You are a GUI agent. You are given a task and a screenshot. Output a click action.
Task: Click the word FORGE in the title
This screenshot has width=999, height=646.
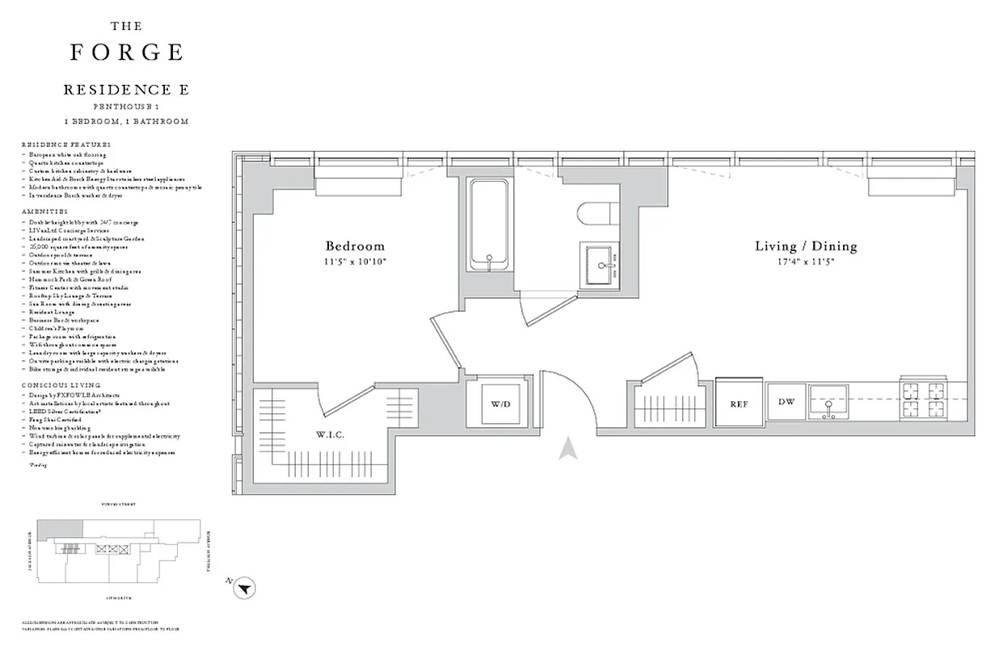coord(126,52)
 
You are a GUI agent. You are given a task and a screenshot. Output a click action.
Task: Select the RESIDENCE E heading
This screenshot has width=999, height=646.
coord(126,90)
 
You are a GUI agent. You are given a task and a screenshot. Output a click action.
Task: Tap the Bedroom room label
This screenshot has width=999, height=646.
coord(355,246)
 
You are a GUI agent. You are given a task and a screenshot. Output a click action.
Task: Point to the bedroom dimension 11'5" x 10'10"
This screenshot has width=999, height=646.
coord(355,262)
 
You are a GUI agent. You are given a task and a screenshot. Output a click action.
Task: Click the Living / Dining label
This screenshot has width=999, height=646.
coord(805,246)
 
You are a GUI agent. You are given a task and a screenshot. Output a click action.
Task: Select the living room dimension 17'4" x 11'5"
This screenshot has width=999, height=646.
coord(805,262)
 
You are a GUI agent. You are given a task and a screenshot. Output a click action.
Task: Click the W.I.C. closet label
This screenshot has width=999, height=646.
coord(330,435)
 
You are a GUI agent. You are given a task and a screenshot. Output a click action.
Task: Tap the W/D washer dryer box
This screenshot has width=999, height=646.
coord(501,403)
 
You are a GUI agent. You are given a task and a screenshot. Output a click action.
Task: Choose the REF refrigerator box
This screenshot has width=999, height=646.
coord(740,403)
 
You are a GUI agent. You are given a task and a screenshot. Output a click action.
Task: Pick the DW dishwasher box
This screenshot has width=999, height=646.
coord(786,402)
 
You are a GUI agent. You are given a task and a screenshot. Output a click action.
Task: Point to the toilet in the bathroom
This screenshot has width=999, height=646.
coord(597,213)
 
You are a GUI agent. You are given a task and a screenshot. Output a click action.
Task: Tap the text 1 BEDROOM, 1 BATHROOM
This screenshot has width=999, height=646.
coord(126,121)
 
